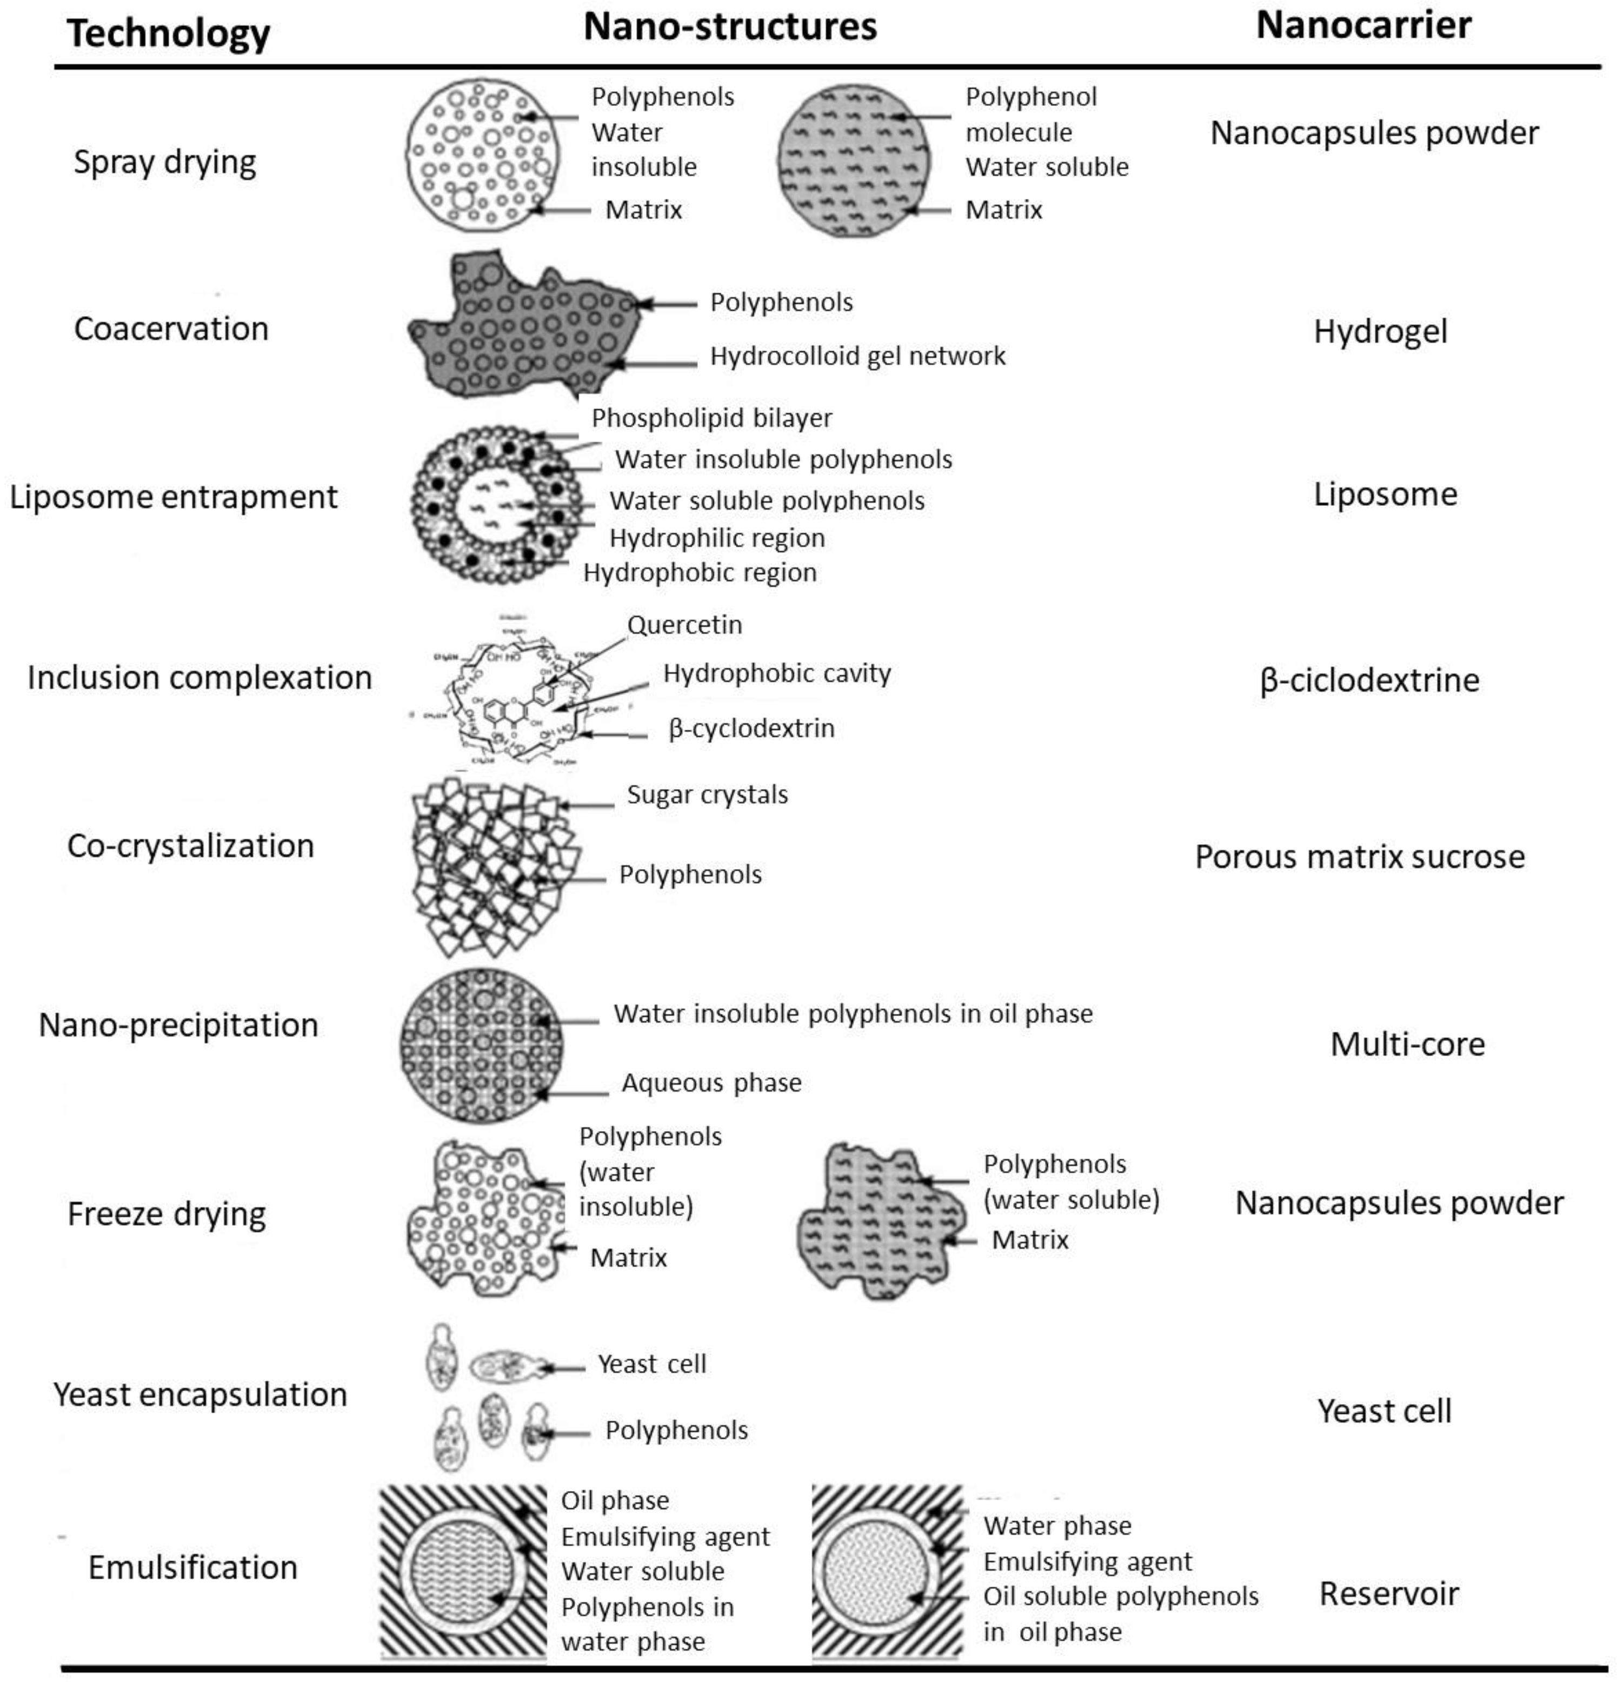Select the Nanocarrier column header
(x=1363, y=25)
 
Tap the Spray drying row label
(x=165, y=162)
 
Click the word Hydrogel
(x=1380, y=331)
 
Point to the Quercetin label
(x=684, y=625)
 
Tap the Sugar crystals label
(x=707, y=795)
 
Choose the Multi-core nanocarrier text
(x=1407, y=1044)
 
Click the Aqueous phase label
(x=711, y=1082)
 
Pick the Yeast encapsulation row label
(x=200, y=1394)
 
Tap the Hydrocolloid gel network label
(x=857, y=356)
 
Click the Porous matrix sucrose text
(x=1359, y=857)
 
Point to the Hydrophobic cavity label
(x=776, y=673)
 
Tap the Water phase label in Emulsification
(x=1056, y=1525)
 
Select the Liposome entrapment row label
(x=174, y=497)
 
